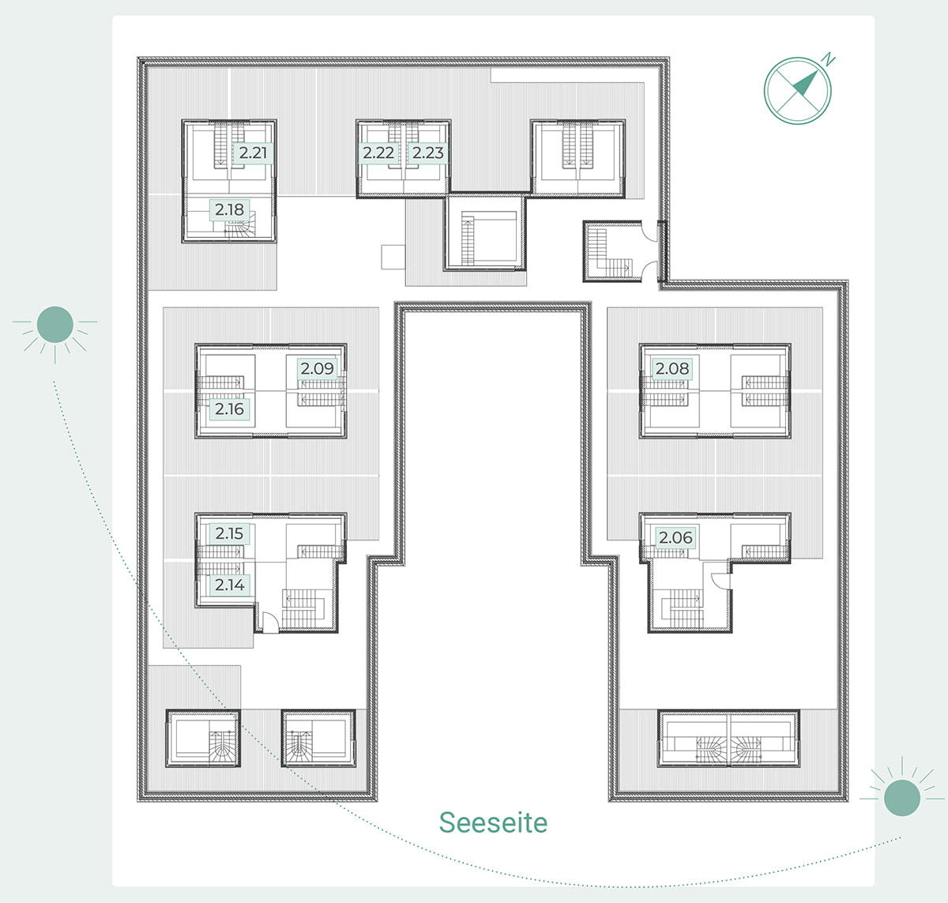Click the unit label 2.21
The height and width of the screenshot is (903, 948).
[x=253, y=153]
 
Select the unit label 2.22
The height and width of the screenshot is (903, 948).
[x=378, y=153]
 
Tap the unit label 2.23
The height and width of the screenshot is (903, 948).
[x=427, y=153]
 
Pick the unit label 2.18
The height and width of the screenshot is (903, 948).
[x=230, y=210]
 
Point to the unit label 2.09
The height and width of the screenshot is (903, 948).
[x=317, y=368]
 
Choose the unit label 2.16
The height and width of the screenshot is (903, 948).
[x=230, y=409]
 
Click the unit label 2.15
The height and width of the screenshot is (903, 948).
[x=230, y=533]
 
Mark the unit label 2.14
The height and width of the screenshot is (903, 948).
[x=230, y=585]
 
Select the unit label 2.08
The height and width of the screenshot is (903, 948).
[x=672, y=368]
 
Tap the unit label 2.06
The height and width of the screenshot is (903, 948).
[x=675, y=537]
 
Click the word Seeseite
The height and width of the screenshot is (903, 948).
[x=493, y=822]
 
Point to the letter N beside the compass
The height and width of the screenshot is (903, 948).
[x=829, y=58]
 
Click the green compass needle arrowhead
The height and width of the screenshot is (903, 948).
[x=806, y=83]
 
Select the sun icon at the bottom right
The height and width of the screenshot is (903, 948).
[x=902, y=798]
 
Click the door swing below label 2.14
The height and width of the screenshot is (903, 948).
[x=270, y=623]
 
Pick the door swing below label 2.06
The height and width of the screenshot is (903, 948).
[x=721, y=581]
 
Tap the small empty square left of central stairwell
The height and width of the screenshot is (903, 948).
[x=393, y=257]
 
